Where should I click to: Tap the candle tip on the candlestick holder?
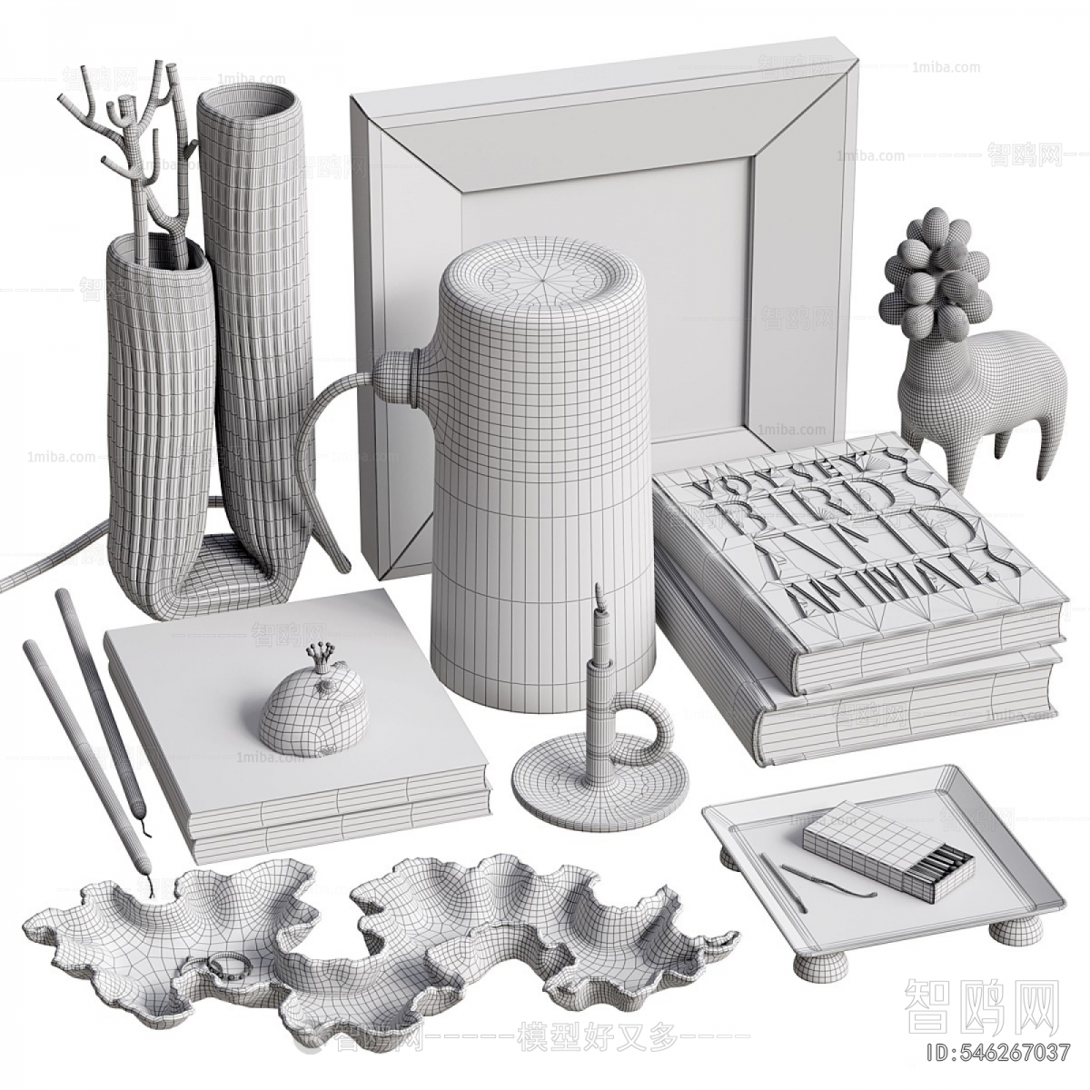pos(598,594)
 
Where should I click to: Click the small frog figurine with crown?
pos(314,710)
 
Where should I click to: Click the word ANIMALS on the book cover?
pos(899,581)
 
